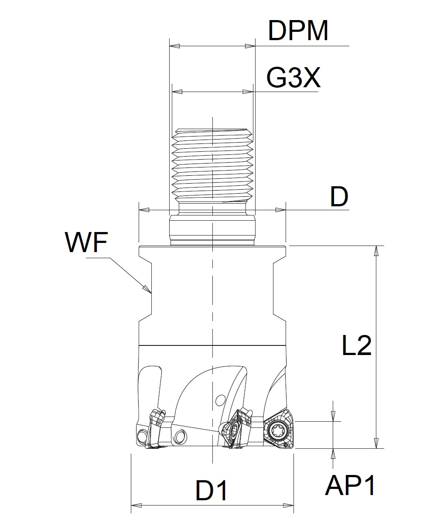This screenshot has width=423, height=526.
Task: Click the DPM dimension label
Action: coord(298,31)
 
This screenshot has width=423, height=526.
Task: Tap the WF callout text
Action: coord(86,243)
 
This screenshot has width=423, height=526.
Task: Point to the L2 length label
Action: coord(356,346)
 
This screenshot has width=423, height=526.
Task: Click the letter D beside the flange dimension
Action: coord(339,198)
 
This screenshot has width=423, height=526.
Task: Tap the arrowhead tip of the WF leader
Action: coord(150,291)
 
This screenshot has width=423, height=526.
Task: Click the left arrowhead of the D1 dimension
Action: coord(133,506)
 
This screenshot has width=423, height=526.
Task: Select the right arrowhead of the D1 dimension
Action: coord(292,506)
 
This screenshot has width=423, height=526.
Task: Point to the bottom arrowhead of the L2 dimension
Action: coord(376,446)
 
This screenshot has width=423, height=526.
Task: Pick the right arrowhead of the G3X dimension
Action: coord(251,92)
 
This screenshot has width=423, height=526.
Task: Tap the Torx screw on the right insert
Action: coord(277,431)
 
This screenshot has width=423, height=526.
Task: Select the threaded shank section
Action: coord(212,164)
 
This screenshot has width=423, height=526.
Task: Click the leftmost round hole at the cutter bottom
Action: coord(142,436)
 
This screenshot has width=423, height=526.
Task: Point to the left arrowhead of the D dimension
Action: coord(140,210)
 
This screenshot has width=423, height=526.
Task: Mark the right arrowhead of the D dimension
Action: coord(284,210)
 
